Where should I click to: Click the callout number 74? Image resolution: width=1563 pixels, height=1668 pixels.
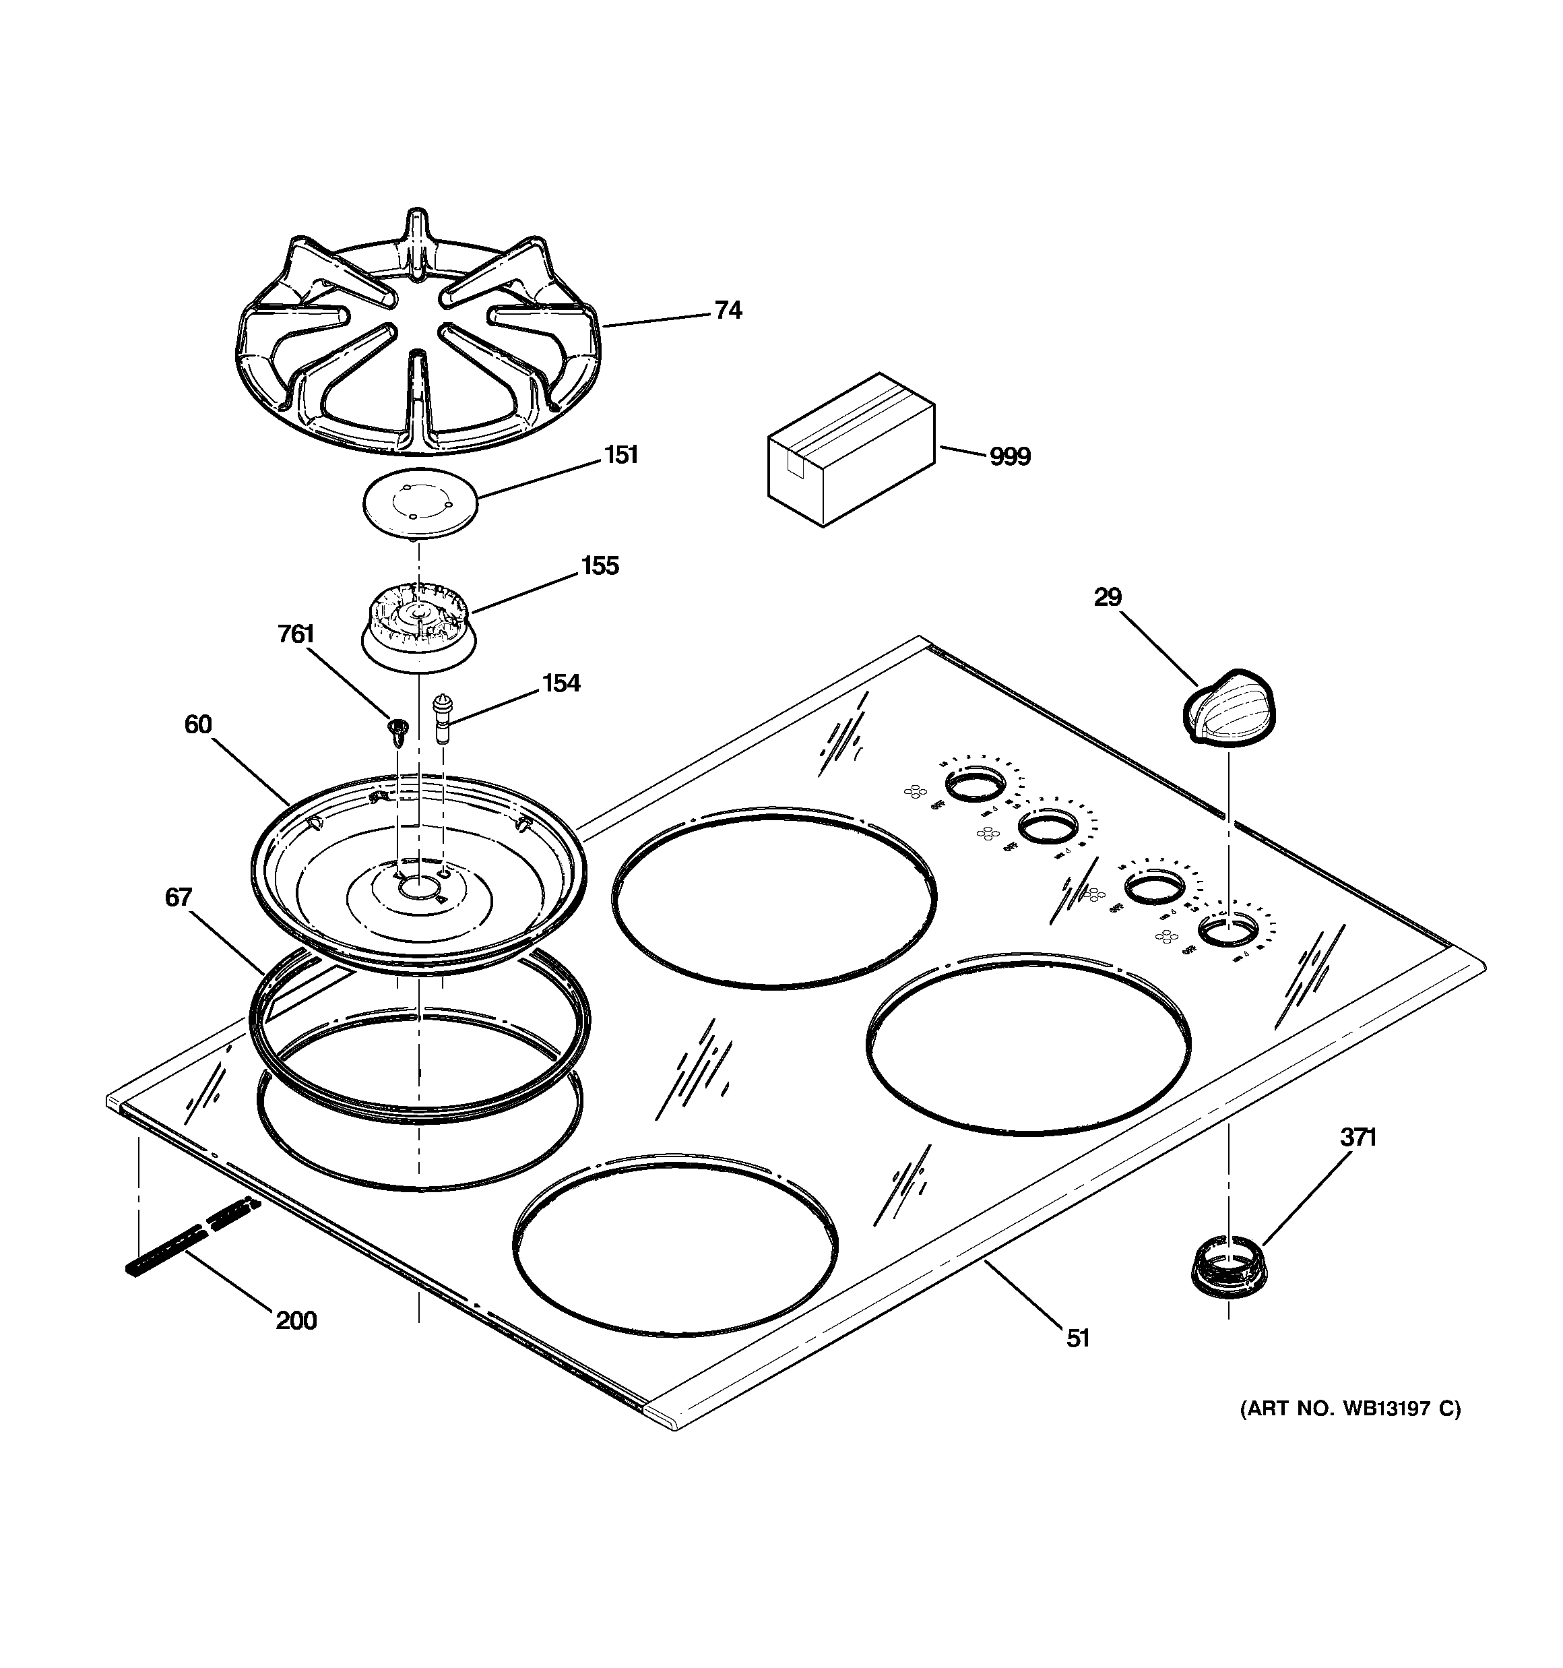click(x=728, y=311)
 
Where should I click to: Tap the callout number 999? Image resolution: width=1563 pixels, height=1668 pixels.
click(x=1009, y=458)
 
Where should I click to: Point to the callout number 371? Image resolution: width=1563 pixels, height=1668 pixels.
click(x=1357, y=1138)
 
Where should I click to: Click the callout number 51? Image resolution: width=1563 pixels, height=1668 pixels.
click(x=1077, y=1338)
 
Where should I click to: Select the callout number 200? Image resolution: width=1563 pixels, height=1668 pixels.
click(x=296, y=1321)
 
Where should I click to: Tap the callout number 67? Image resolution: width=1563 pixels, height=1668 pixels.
click(x=178, y=898)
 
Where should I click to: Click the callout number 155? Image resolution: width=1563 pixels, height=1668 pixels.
click(x=599, y=566)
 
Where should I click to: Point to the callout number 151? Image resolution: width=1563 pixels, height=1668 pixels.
click(x=621, y=455)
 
